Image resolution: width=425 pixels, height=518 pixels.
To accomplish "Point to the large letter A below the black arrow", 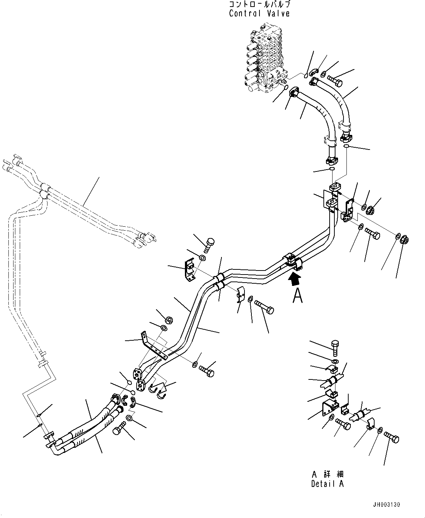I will (x=297, y=296).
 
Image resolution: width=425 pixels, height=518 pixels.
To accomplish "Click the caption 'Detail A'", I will (x=327, y=484).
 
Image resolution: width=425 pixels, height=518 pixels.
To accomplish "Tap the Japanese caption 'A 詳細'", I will (x=327, y=474).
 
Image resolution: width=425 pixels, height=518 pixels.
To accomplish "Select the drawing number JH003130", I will (x=386, y=505).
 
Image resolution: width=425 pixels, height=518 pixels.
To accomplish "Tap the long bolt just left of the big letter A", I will (x=265, y=306).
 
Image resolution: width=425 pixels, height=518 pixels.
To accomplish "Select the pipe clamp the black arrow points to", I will (x=293, y=262).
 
